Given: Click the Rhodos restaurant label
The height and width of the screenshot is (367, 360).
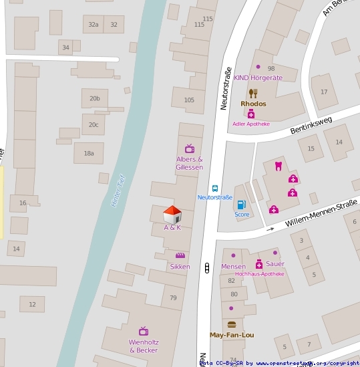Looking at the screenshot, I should point(253,104).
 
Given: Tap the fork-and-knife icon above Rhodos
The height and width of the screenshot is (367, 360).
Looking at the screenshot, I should point(253,94).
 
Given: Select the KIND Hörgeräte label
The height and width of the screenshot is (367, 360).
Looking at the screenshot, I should point(258,78).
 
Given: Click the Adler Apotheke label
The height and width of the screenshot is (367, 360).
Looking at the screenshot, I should point(251,124).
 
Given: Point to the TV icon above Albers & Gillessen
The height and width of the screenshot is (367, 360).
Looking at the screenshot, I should point(190,148).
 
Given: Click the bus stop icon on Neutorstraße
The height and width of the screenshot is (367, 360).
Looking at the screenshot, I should point(215,189).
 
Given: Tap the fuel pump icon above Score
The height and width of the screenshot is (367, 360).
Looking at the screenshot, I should point(241,205).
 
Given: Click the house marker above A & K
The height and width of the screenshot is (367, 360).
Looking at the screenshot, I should point(172,215).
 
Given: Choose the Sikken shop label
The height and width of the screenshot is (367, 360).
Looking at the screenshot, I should point(180,267).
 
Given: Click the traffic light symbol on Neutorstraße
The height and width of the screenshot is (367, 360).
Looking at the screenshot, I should point(208,268).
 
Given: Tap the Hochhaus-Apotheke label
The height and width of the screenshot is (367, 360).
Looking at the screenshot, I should point(260,274).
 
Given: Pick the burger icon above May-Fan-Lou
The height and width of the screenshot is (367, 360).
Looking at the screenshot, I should point(231,325).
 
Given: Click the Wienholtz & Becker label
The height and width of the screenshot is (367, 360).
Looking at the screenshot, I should point(144,346).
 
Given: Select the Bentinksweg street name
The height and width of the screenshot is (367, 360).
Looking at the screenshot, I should point(311,126).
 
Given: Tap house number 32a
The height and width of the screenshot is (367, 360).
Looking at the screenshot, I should point(94,25).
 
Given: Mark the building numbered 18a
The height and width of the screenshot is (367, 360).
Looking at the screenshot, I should point(89,153).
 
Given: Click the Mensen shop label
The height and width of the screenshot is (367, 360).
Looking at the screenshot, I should point(233,266).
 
